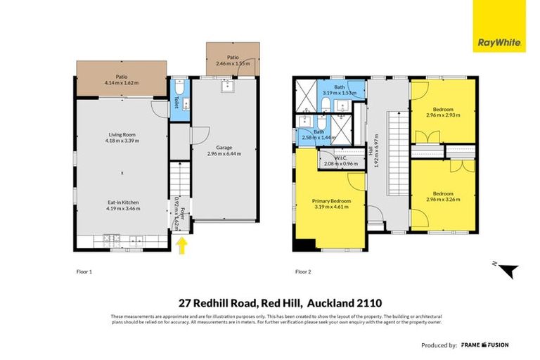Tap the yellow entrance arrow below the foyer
[x=182, y=245]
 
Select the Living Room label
[x=122, y=134]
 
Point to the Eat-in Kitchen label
[x=122, y=202]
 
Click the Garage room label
[x=224, y=148]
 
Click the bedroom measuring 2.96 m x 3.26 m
[x=443, y=196]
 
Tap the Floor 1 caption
[x=84, y=271]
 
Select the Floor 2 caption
[x=303, y=271]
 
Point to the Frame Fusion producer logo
[x=485, y=345]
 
